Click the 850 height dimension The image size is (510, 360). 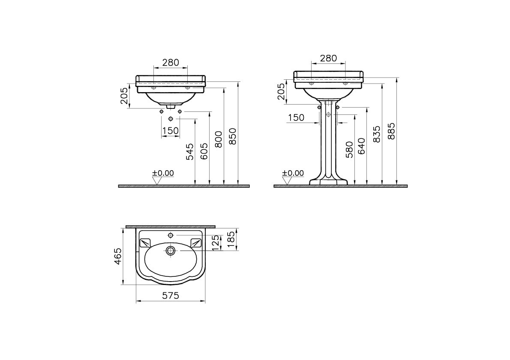pyautogui.click(x=233, y=136)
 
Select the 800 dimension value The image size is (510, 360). pyautogui.click(x=219, y=139)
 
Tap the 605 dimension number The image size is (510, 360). pyautogui.click(x=204, y=151)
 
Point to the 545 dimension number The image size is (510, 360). pyautogui.click(x=189, y=152)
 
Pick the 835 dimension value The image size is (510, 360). pyautogui.click(x=376, y=134)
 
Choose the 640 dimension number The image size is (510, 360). pyautogui.click(x=361, y=146)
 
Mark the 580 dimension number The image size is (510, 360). pyautogui.click(x=349, y=150)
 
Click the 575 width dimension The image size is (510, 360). pyautogui.click(x=171, y=295)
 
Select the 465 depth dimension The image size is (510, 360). pyautogui.click(x=118, y=256)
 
